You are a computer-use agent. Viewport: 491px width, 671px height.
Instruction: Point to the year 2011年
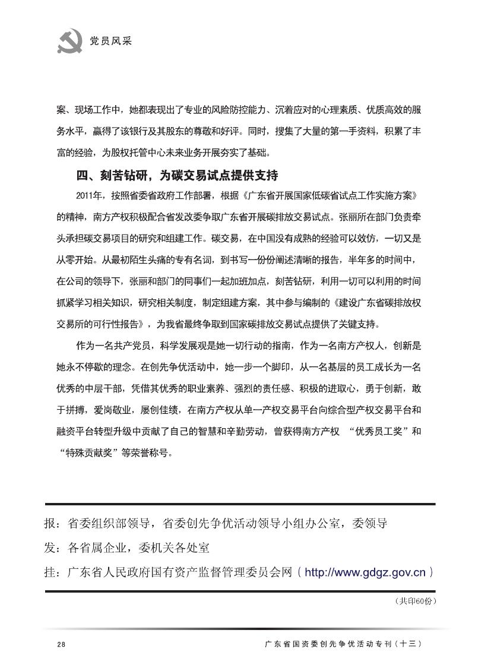90,195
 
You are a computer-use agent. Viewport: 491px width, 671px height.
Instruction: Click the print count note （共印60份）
414,602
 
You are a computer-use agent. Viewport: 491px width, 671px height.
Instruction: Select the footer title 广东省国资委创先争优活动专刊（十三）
344,645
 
